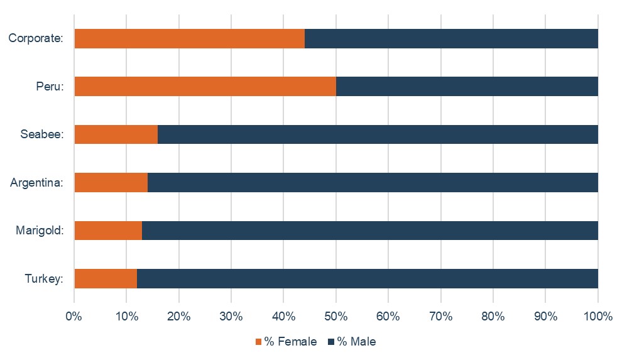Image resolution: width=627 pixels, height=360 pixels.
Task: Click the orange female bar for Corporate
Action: click(189, 38)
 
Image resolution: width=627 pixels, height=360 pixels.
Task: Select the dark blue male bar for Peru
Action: click(467, 86)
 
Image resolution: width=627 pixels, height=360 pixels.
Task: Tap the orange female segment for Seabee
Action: click(116, 134)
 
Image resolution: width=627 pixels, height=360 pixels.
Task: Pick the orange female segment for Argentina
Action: click(111, 182)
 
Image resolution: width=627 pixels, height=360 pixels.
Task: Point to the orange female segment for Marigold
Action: click(108, 231)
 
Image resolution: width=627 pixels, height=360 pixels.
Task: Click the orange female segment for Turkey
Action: click(106, 278)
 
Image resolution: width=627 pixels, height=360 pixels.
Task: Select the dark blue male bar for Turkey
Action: click(368, 278)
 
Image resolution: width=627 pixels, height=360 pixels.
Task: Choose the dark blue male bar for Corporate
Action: click(451, 38)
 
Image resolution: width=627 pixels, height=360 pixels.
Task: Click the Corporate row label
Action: click(36, 38)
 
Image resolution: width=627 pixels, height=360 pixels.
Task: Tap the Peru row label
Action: click(50, 87)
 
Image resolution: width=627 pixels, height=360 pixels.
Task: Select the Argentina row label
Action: click(37, 183)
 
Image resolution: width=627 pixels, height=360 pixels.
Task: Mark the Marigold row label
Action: click(40, 231)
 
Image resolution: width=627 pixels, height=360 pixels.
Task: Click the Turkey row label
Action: click(45, 278)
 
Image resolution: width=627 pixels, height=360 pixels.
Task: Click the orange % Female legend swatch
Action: click(258, 342)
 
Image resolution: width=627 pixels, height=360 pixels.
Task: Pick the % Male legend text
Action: click(356, 342)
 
